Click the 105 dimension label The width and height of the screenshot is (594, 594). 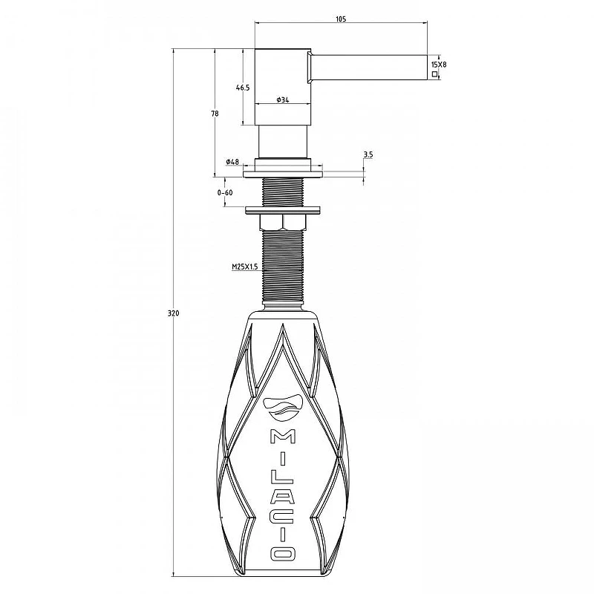click(x=341, y=19)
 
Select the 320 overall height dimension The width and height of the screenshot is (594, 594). click(x=174, y=313)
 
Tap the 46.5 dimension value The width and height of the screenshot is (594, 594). click(x=243, y=88)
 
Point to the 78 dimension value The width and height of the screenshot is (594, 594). click(x=215, y=114)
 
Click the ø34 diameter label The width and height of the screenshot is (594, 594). click(x=283, y=100)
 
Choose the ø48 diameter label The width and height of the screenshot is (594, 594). click(x=232, y=162)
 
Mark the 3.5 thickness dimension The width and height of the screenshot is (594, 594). click(x=368, y=154)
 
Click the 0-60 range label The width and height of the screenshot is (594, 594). click(x=225, y=193)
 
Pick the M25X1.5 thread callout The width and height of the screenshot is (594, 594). click(x=245, y=267)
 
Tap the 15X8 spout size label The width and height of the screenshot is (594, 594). click(x=439, y=65)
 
